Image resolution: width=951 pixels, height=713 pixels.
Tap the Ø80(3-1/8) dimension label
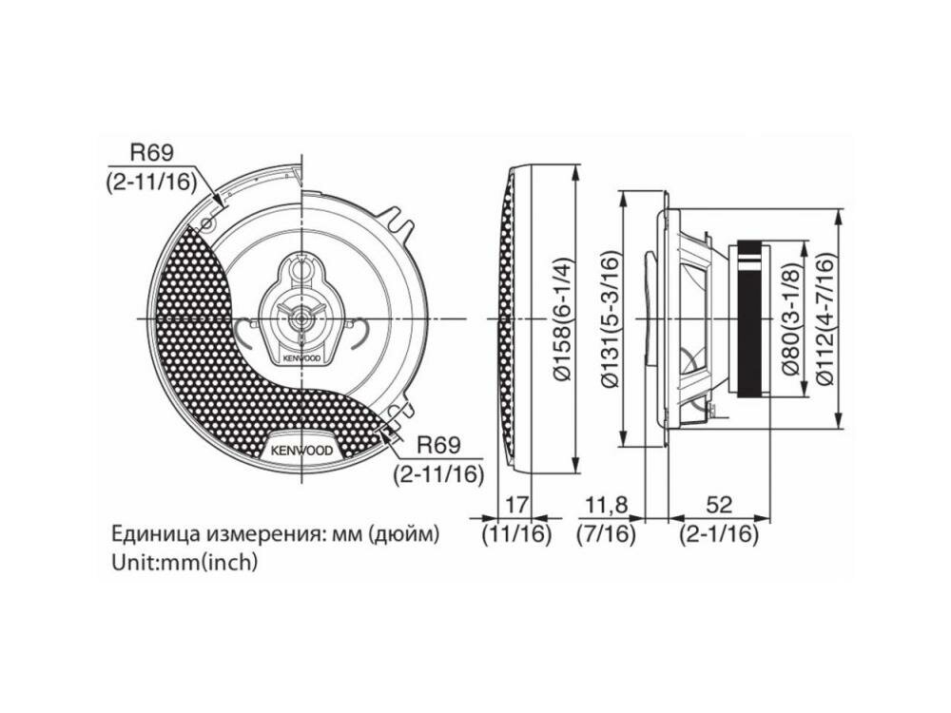coord(792,320)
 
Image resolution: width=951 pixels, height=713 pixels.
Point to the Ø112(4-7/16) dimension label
coord(826,320)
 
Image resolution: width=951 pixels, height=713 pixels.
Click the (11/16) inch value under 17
coord(516,534)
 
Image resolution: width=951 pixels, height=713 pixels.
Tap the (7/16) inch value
coord(605,534)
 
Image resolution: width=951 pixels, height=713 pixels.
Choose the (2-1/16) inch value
coord(719,534)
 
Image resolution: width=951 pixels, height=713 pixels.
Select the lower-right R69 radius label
coord(439,443)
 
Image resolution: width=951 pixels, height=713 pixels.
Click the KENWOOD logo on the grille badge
coord(301,450)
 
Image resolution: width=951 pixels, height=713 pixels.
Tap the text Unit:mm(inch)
coord(184,562)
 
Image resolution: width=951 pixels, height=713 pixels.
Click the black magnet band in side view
coord(752,319)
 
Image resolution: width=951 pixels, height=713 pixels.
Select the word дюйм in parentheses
coord(404,533)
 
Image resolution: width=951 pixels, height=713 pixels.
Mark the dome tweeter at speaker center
coord(300,318)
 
